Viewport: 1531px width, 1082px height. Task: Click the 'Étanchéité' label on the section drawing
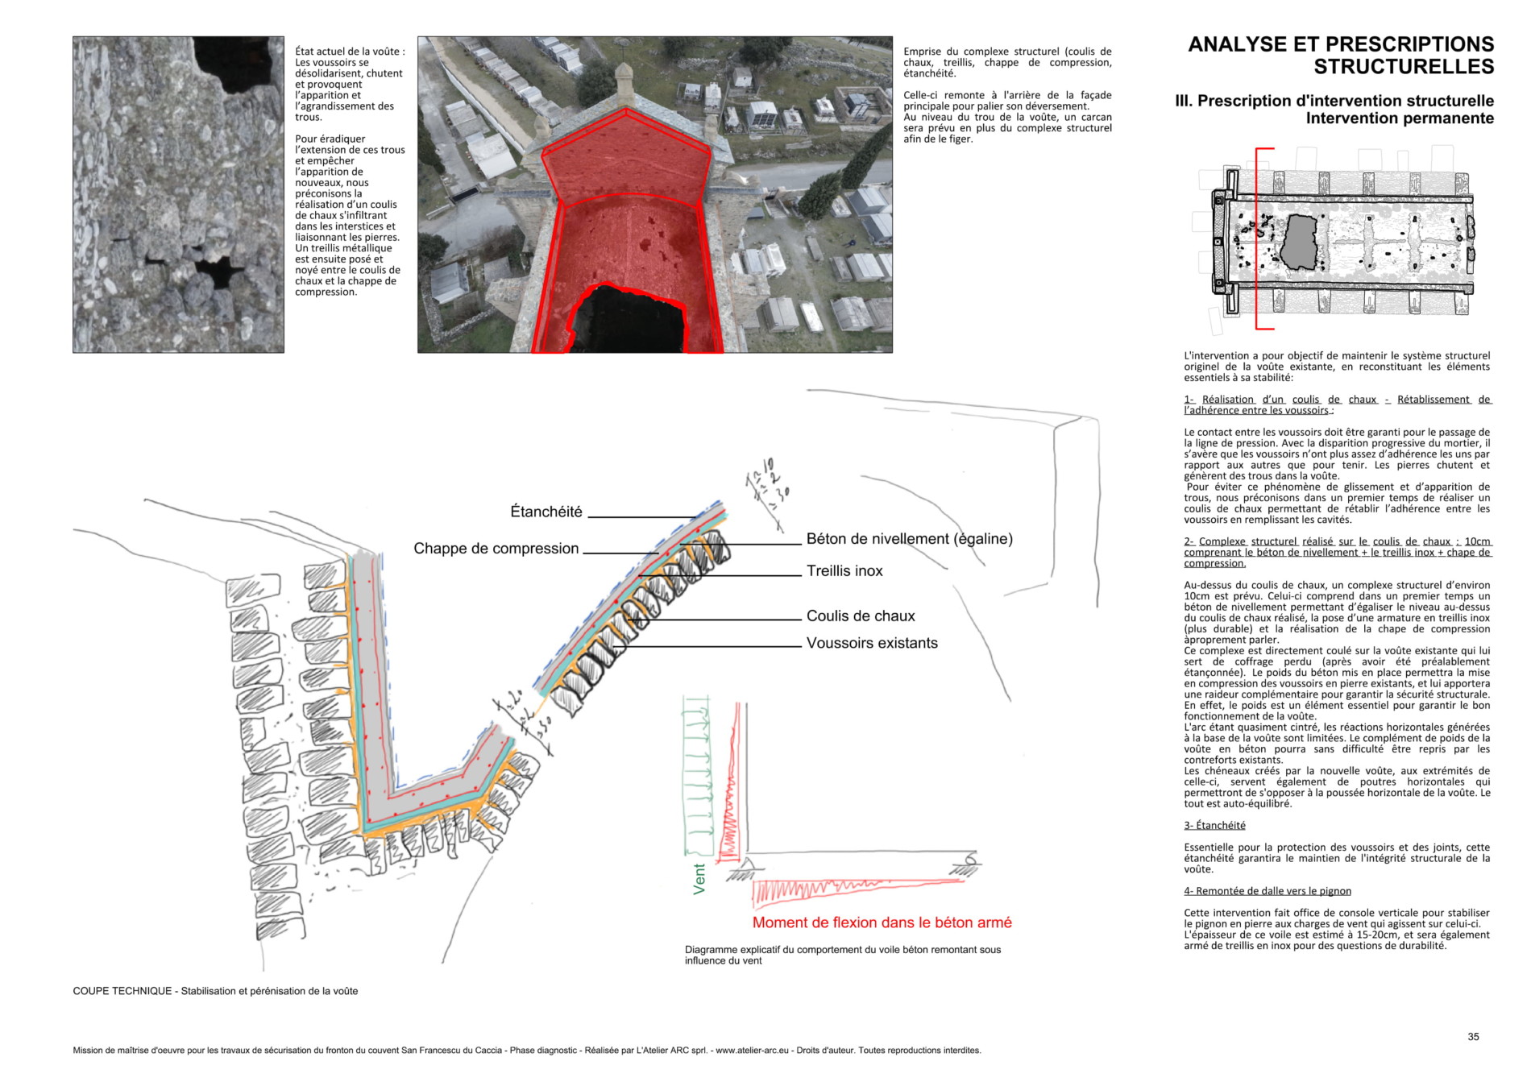[x=546, y=512]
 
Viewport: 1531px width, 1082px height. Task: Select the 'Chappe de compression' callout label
[x=496, y=549]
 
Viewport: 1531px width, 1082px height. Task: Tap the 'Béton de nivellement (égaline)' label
[x=909, y=539]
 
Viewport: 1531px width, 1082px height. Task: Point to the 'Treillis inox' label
[x=844, y=571]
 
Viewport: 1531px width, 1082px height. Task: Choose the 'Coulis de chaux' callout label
[x=861, y=616]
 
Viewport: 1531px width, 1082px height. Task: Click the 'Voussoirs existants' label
[x=872, y=643]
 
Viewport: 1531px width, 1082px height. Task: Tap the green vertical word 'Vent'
[x=699, y=878]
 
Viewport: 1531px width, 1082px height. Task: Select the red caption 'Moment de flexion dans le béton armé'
[x=882, y=923]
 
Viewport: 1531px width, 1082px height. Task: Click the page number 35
[x=1473, y=1037]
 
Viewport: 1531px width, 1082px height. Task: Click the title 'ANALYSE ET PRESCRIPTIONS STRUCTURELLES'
[x=1341, y=55]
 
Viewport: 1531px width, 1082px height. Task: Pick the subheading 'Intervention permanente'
[x=1400, y=118]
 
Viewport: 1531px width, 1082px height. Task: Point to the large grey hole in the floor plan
[x=1298, y=243]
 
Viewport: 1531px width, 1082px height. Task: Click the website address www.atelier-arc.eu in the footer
[x=752, y=1051]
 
